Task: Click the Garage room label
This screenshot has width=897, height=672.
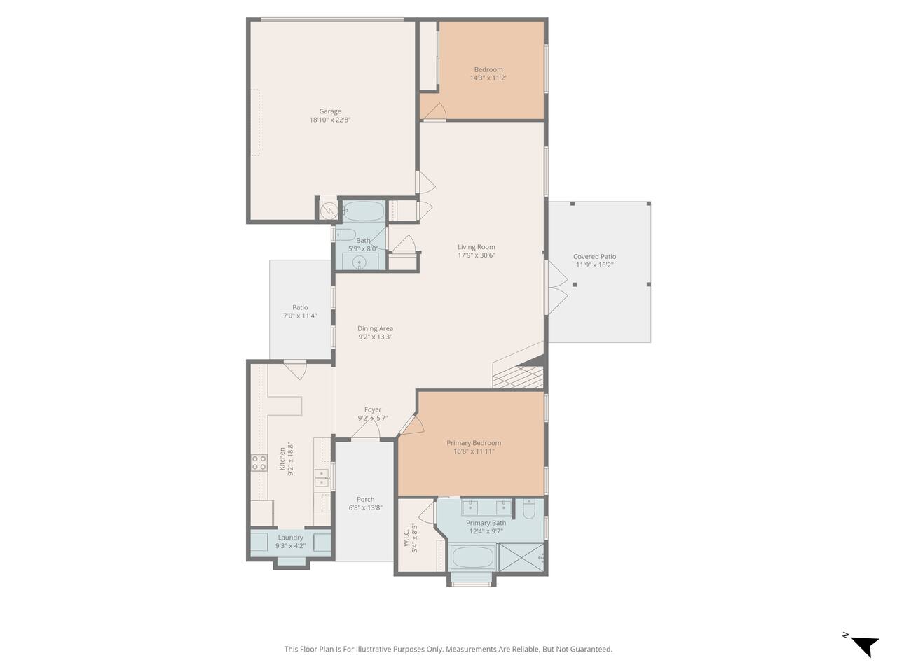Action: tap(330, 111)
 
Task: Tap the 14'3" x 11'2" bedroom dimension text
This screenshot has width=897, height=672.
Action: tap(488, 78)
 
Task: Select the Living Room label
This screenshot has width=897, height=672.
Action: tap(476, 247)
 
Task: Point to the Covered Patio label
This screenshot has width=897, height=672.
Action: tap(594, 257)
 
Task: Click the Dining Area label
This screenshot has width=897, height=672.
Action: tap(375, 328)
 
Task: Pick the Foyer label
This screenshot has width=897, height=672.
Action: tap(373, 409)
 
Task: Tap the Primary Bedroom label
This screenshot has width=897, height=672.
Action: tap(474, 443)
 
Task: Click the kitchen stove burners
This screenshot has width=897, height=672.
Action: tap(259, 463)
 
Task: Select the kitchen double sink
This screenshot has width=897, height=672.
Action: tap(322, 478)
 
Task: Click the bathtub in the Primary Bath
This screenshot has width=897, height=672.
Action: tap(473, 557)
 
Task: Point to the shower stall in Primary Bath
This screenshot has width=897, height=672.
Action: tap(522, 557)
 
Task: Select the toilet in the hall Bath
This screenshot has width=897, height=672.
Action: tap(345, 234)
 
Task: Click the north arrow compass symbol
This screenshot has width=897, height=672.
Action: tap(863, 646)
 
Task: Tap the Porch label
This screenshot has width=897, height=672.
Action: tap(365, 499)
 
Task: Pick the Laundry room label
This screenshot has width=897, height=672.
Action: tap(290, 538)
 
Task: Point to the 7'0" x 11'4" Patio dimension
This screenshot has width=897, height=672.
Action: tap(300, 316)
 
